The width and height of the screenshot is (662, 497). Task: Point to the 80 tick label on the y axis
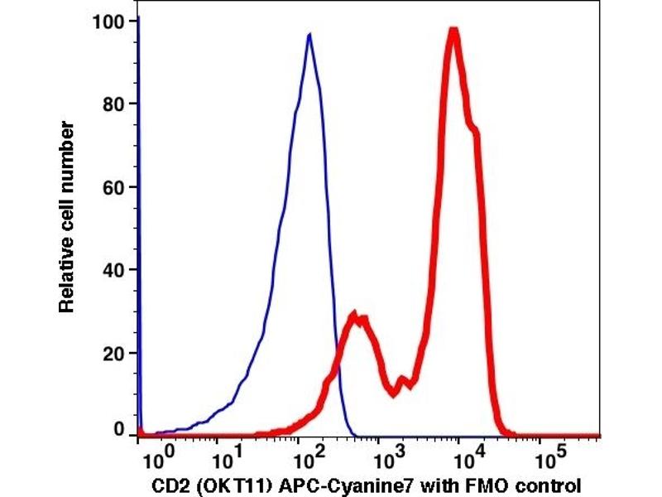116,104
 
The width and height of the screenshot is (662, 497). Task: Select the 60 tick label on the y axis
116,187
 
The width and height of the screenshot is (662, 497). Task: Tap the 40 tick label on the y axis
116,270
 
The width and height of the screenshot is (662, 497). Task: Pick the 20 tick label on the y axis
116,354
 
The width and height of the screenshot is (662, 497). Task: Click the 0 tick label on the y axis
121,431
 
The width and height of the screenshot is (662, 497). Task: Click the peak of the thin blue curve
309,35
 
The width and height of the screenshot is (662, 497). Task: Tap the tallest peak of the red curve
453,31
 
